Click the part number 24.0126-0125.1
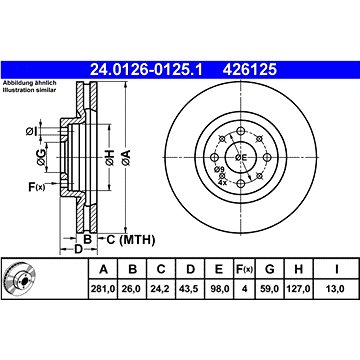tap(146, 70)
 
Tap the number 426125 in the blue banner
tap(250, 70)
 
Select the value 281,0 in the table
tap(103, 289)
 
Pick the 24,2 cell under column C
tap(161, 289)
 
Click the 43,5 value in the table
tap(190, 289)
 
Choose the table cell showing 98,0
tap(219, 289)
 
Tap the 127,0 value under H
tap(298, 289)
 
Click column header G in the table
tap(269, 269)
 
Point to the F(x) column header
tap(244, 269)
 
